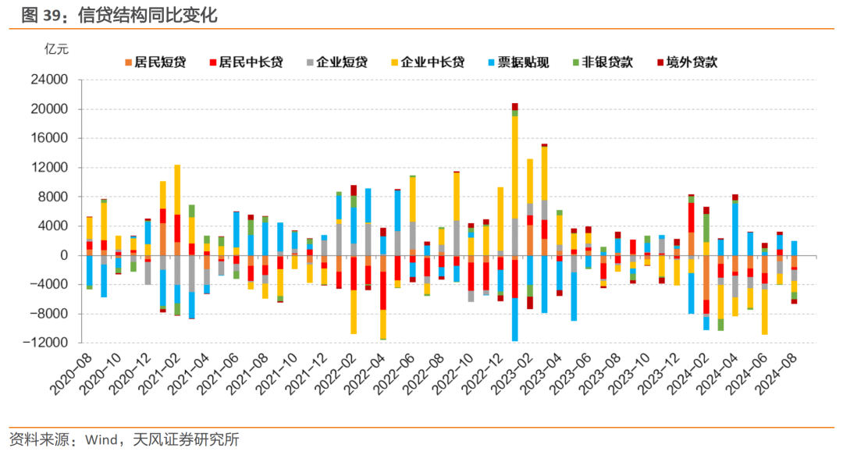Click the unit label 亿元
pos(56,48)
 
